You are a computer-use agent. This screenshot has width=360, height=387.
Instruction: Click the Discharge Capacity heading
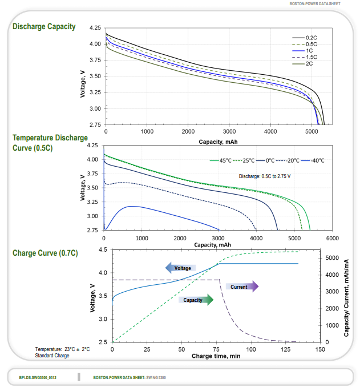click(x=44, y=27)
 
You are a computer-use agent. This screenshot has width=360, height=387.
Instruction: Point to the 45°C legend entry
click(x=224, y=160)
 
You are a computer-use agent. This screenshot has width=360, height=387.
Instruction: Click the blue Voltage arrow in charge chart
click(x=180, y=268)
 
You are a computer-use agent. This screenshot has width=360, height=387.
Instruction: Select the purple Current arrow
click(x=242, y=287)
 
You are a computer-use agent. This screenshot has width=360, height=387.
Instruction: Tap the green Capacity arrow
click(x=196, y=300)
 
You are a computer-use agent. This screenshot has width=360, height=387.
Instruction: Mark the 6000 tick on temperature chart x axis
click(x=333, y=237)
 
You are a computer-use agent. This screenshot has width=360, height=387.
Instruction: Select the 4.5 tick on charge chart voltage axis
click(x=103, y=250)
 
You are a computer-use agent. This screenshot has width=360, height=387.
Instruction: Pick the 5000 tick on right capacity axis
click(x=331, y=258)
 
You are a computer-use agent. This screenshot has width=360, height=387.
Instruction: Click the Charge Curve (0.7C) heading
click(x=45, y=253)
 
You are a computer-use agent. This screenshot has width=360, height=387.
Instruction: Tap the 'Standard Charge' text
click(x=52, y=356)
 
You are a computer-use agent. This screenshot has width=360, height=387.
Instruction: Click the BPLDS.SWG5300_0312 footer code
click(x=38, y=377)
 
